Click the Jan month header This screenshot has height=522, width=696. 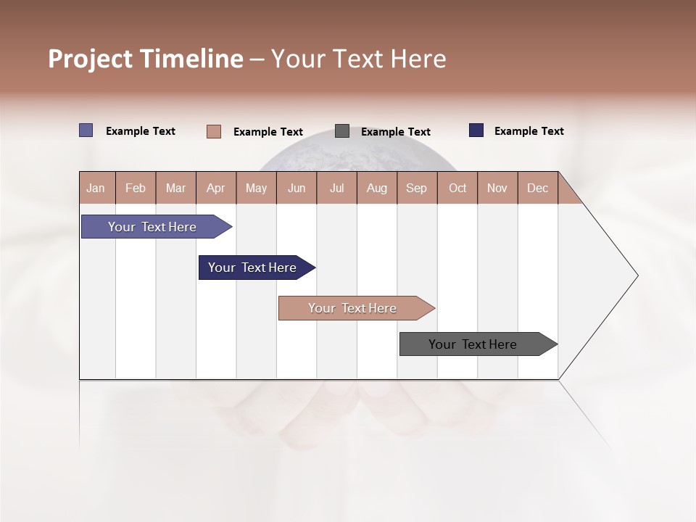[x=96, y=188]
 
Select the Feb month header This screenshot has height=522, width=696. [x=136, y=188]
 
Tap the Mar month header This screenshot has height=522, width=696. [x=175, y=188]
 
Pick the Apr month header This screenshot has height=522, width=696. [x=216, y=188]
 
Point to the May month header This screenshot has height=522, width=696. [x=256, y=188]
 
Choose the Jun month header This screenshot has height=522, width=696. [x=297, y=188]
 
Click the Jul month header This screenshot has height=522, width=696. [x=336, y=188]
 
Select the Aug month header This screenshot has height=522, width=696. [x=377, y=188]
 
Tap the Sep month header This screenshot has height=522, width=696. [x=417, y=188]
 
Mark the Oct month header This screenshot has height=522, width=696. [x=457, y=188]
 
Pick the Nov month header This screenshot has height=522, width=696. [x=497, y=188]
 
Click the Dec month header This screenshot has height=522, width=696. [x=538, y=188]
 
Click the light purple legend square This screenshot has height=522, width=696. [x=86, y=130]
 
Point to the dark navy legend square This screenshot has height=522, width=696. [x=476, y=130]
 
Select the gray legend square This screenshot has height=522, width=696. [x=342, y=131]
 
